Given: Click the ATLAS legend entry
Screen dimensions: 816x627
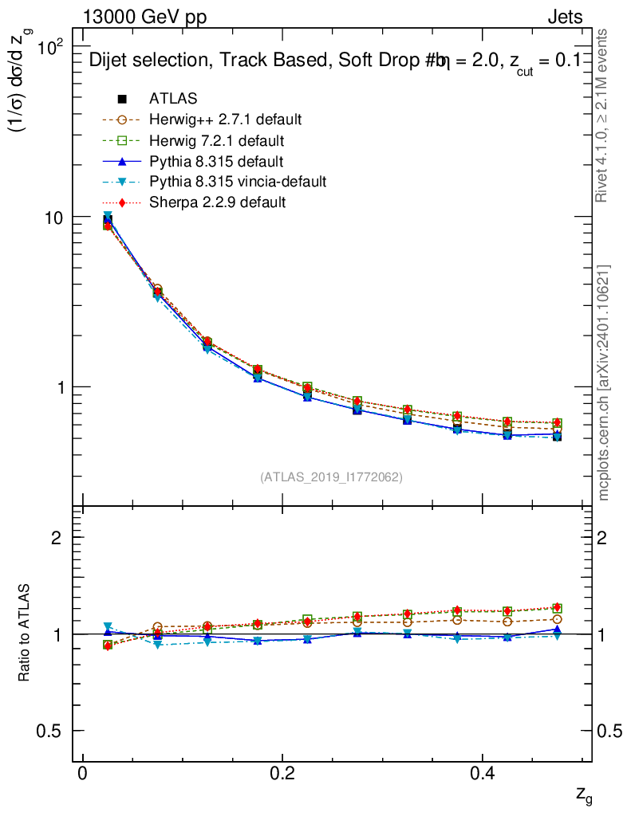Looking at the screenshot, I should pyautogui.click(x=173, y=99).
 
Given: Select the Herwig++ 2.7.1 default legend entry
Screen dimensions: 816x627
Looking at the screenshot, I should pyautogui.click(x=225, y=120).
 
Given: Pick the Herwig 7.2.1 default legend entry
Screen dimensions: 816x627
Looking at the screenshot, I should pyautogui.click(x=216, y=140).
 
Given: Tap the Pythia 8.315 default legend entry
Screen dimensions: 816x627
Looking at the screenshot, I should pyautogui.click(x=216, y=161).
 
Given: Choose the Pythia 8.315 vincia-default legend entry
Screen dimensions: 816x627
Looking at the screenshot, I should pyautogui.click(x=238, y=182).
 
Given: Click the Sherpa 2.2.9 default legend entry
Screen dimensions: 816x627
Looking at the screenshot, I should pyautogui.click(x=217, y=202).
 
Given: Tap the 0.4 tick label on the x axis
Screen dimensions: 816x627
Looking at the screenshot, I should pyautogui.click(x=480, y=775).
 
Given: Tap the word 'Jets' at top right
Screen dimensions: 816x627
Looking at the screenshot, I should pyautogui.click(x=564, y=18).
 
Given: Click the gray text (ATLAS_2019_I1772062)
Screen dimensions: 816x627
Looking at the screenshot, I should pyautogui.click(x=331, y=477).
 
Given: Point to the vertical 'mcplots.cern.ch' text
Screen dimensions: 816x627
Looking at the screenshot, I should pyautogui.click(x=604, y=382).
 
